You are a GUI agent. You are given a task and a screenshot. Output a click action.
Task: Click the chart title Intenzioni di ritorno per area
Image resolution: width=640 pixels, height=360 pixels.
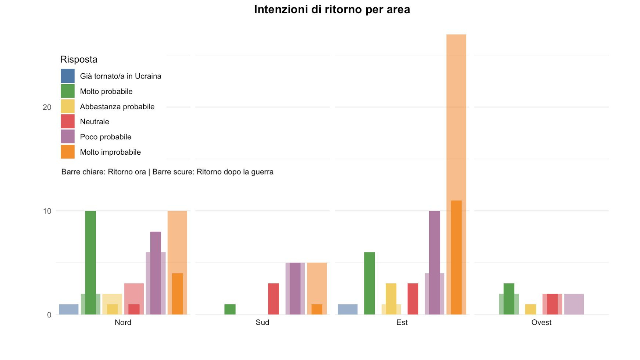coord(332,9)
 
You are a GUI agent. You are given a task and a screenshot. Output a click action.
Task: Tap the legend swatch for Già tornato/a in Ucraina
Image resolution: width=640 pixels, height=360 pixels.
coord(68,76)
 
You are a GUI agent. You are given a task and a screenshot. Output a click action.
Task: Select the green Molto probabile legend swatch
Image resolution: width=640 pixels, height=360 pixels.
coord(68,91)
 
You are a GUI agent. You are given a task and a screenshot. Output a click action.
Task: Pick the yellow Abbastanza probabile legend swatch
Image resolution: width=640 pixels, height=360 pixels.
coord(68,106)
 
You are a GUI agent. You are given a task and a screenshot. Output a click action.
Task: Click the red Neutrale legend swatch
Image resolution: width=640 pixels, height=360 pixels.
coord(68,121)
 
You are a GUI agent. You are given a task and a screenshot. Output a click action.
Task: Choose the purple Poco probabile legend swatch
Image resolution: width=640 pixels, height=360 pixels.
coord(68,137)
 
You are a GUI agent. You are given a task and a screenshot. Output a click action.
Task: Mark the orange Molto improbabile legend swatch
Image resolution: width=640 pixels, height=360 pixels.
coord(68,152)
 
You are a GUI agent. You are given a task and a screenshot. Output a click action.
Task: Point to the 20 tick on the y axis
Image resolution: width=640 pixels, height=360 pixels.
coord(47,107)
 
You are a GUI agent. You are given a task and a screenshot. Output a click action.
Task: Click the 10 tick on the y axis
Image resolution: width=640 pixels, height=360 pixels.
coord(47,211)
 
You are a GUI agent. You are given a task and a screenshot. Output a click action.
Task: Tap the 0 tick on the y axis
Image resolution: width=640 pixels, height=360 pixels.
coord(49,315)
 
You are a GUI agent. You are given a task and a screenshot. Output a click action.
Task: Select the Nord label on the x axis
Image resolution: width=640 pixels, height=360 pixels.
coord(123,322)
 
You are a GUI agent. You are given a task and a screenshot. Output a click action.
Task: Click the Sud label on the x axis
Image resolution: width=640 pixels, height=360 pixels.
coord(262,322)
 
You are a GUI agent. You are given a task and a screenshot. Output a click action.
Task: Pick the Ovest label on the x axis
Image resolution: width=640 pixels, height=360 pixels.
coord(541,322)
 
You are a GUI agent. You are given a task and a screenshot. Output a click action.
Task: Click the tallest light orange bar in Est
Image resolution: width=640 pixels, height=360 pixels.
coord(456,117)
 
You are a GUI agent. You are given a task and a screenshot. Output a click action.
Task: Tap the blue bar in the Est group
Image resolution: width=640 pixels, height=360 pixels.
coord(348,309)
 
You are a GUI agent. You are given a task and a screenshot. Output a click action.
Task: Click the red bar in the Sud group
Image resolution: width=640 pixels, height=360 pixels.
coord(273,299)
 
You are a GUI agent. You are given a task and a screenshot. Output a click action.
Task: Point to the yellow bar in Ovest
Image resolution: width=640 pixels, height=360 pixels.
coord(531,309)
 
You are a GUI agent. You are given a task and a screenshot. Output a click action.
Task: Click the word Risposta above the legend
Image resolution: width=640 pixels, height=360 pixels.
coord(79,59)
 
